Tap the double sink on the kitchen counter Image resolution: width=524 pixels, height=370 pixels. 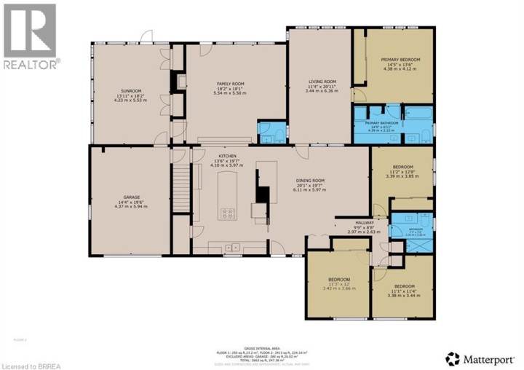(x=232, y=248)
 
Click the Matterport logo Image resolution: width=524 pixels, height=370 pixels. (x=483, y=358)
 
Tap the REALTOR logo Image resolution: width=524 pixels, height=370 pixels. (x=30, y=36)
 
